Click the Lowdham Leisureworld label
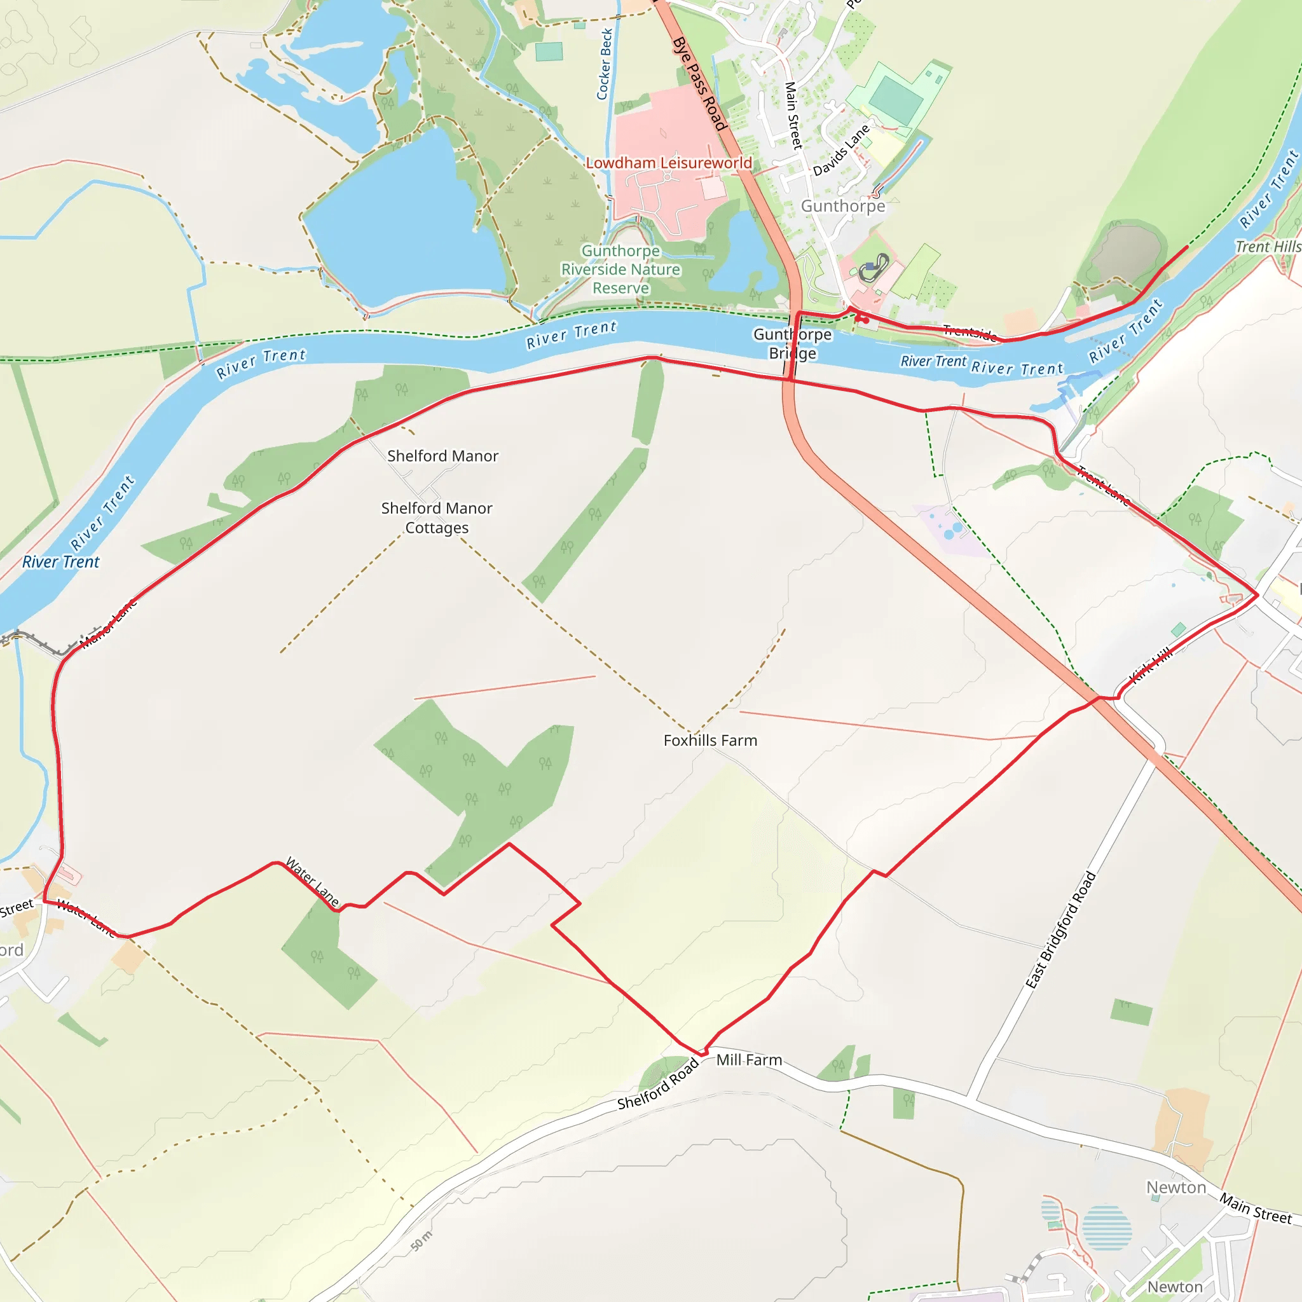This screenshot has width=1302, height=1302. [x=669, y=163]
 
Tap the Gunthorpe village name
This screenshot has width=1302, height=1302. [x=842, y=206]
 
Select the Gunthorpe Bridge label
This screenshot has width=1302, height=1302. [x=793, y=344]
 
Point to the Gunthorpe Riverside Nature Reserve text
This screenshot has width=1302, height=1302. [x=620, y=270]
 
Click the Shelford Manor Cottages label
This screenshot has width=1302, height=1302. [x=437, y=517]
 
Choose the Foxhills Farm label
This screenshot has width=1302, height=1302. [x=710, y=741]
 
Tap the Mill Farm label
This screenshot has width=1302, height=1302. [x=749, y=1060]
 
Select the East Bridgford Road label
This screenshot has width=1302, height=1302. [x=1061, y=931]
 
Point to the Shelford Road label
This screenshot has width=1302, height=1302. [x=658, y=1084]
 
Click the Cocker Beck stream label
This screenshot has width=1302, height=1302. [x=605, y=64]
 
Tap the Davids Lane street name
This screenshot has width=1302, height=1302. [x=841, y=150]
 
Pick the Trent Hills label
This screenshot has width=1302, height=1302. [x=1267, y=247]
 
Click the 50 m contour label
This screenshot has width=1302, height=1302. [x=421, y=1241]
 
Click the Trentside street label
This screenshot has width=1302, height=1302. [x=970, y=332]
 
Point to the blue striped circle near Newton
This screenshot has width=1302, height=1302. [x=1107, y=1228]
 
